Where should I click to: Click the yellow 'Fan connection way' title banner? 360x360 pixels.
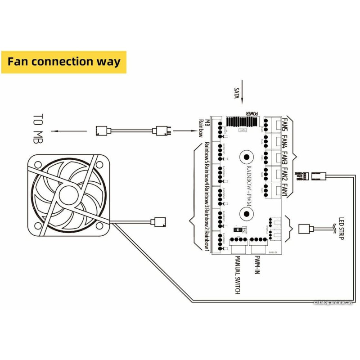click(64, 62)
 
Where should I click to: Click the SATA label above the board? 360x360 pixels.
click(237, 94)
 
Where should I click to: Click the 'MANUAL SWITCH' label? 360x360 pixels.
click(238, 275)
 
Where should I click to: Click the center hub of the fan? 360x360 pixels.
click(68, 196)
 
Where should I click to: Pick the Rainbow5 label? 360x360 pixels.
click(207, 153)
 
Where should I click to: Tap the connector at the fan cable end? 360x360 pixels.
click(160, 221)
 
